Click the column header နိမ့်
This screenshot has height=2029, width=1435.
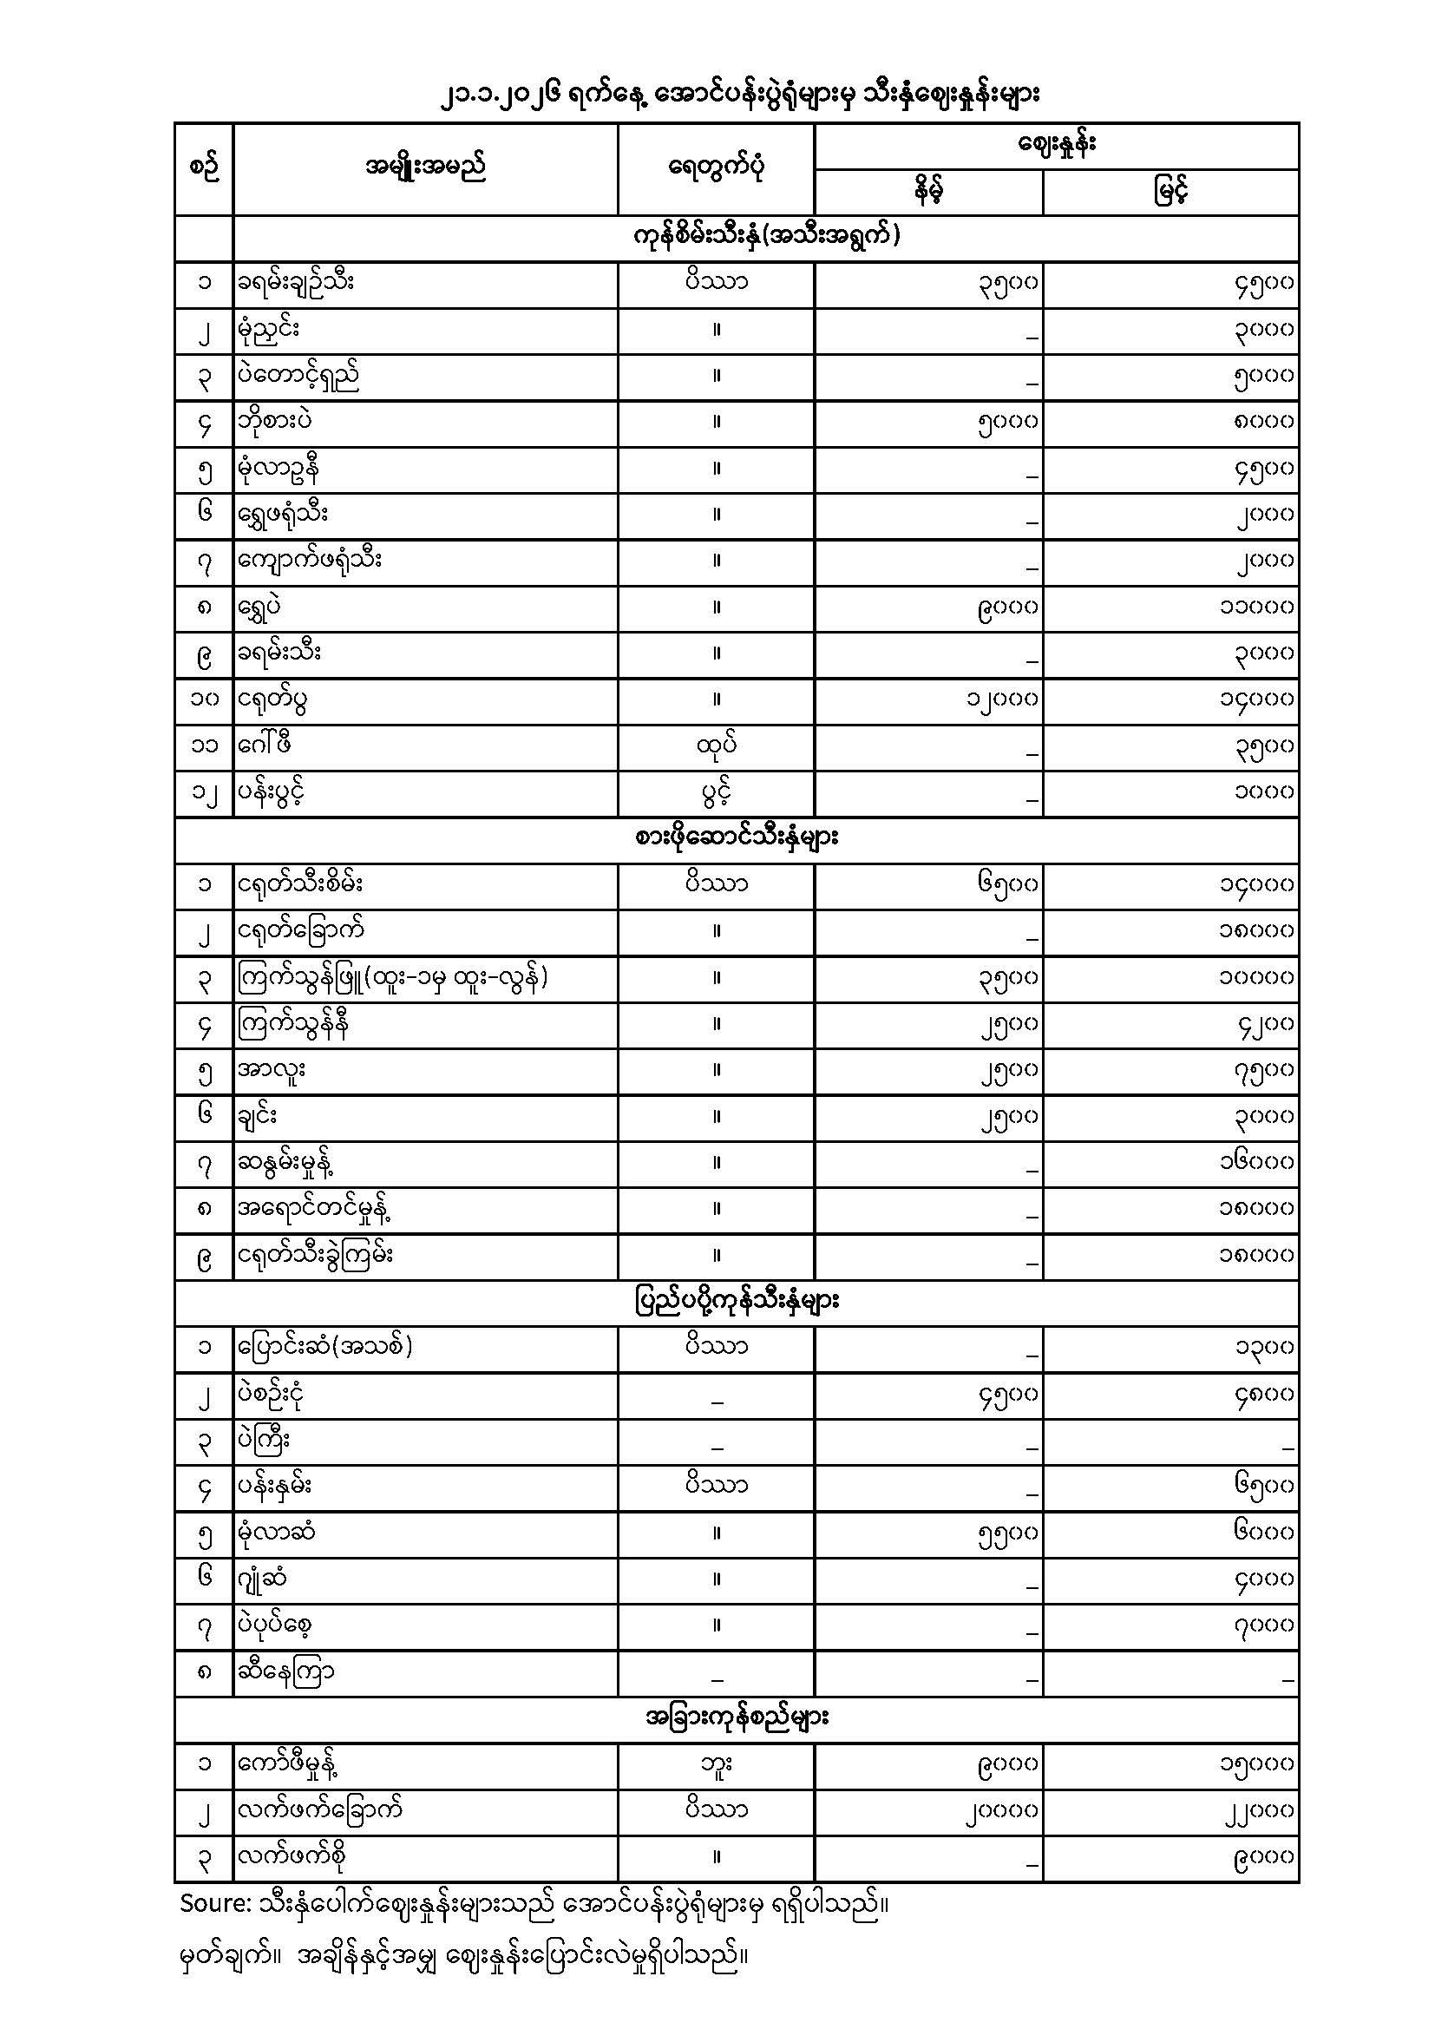pos(927,191)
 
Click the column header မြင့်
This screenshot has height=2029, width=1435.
pos(1170,191)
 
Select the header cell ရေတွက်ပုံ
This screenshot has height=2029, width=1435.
pos(716,167)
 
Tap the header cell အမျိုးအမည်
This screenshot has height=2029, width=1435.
pos(425,167)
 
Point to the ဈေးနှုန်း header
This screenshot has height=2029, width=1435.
pos(1056,145)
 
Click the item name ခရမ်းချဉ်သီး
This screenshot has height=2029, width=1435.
pos(296,283)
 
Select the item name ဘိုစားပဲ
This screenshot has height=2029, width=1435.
pos(274,422)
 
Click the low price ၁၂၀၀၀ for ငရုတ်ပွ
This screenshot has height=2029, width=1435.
pos(1001,699)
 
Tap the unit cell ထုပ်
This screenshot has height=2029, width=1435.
pos(716,745)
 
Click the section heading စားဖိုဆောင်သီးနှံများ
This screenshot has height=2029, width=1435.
pos(736,838)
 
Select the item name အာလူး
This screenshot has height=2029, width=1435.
pos(272,1070)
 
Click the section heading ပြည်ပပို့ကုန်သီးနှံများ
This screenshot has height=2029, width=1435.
pos(736,1302)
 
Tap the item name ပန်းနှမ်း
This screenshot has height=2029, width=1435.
pos(275,1487)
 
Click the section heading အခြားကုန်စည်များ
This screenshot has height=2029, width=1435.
pos(736,1719)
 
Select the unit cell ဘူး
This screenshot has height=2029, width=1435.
pos(716,1765)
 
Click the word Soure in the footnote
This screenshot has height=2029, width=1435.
pos(213,1903)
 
